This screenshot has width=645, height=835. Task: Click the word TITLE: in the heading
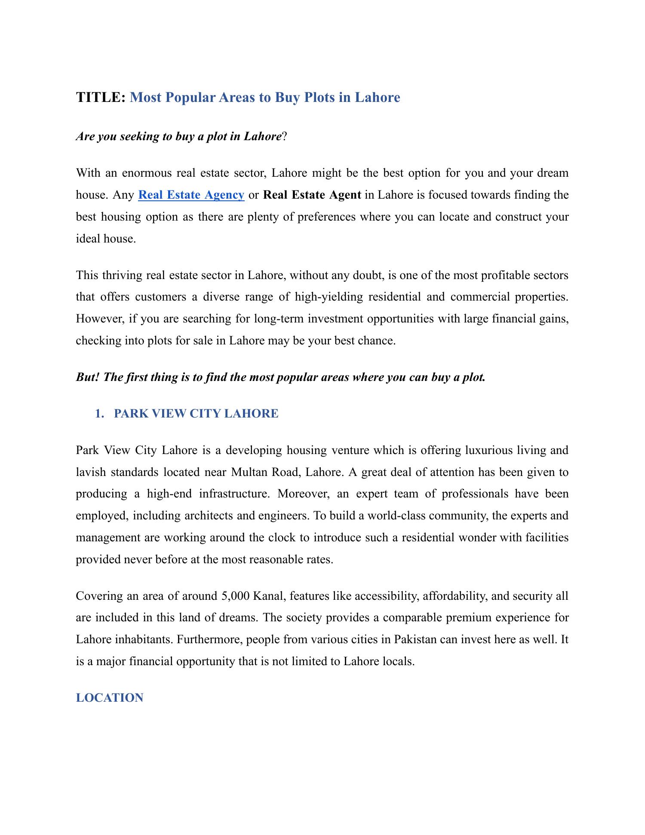pos(101,98)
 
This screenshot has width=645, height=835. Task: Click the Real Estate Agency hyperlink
pos(191,195)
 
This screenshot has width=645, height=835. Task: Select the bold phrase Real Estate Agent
pos(312,195)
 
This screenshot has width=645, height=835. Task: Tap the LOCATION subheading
pos(110,698)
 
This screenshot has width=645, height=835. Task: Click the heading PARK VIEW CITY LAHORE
pos(196,414)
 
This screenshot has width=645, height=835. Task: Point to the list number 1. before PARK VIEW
pos(99,414)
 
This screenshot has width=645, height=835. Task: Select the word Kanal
pos(268,596)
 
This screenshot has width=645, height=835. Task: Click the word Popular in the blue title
pos(189,98)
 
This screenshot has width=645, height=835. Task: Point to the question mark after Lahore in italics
pos(284,137)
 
